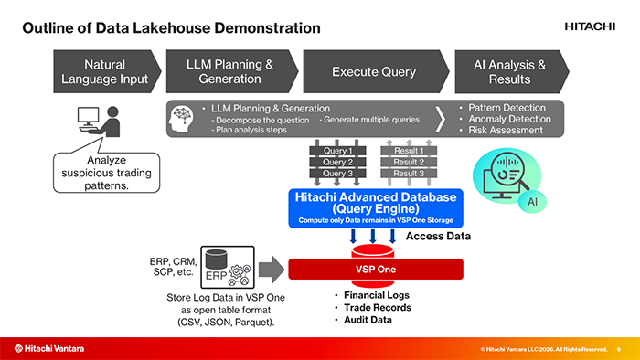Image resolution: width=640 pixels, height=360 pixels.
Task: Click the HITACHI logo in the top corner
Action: click(x=590, y=26)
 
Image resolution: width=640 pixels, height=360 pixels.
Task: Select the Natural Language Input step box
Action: click(x=107, y=72)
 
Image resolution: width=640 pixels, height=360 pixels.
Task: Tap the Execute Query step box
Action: click(x=376, y=72)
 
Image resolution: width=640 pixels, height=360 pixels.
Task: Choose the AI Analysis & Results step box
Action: click(x=512, y=72)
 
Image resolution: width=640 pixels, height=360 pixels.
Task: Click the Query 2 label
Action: click(x=337, y=162)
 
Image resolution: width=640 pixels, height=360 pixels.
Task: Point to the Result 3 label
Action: click(x=409, y=174)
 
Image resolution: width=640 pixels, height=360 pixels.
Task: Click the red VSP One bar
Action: click(x=376, y=269)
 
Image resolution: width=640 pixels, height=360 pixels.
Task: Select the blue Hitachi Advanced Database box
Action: click(x=376, y=208)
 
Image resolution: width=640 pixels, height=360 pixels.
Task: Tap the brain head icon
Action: click(x=182, y=119)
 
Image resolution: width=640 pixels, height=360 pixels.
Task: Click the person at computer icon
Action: click(x=99, y=122)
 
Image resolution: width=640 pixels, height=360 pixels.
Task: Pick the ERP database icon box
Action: click(x=228, y=267)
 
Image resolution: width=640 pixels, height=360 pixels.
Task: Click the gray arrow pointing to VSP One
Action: click(x=272, y=269)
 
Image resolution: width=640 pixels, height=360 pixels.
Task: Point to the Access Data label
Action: click(x=438, y=236)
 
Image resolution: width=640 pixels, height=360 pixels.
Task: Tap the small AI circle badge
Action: click(x=532, y=201)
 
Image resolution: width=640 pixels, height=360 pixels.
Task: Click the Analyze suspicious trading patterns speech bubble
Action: click(x=107, y=173)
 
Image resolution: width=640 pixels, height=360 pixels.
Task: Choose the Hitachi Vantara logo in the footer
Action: click(x=49, y=349)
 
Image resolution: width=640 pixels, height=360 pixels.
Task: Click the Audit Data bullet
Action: click(x=363, y=320)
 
